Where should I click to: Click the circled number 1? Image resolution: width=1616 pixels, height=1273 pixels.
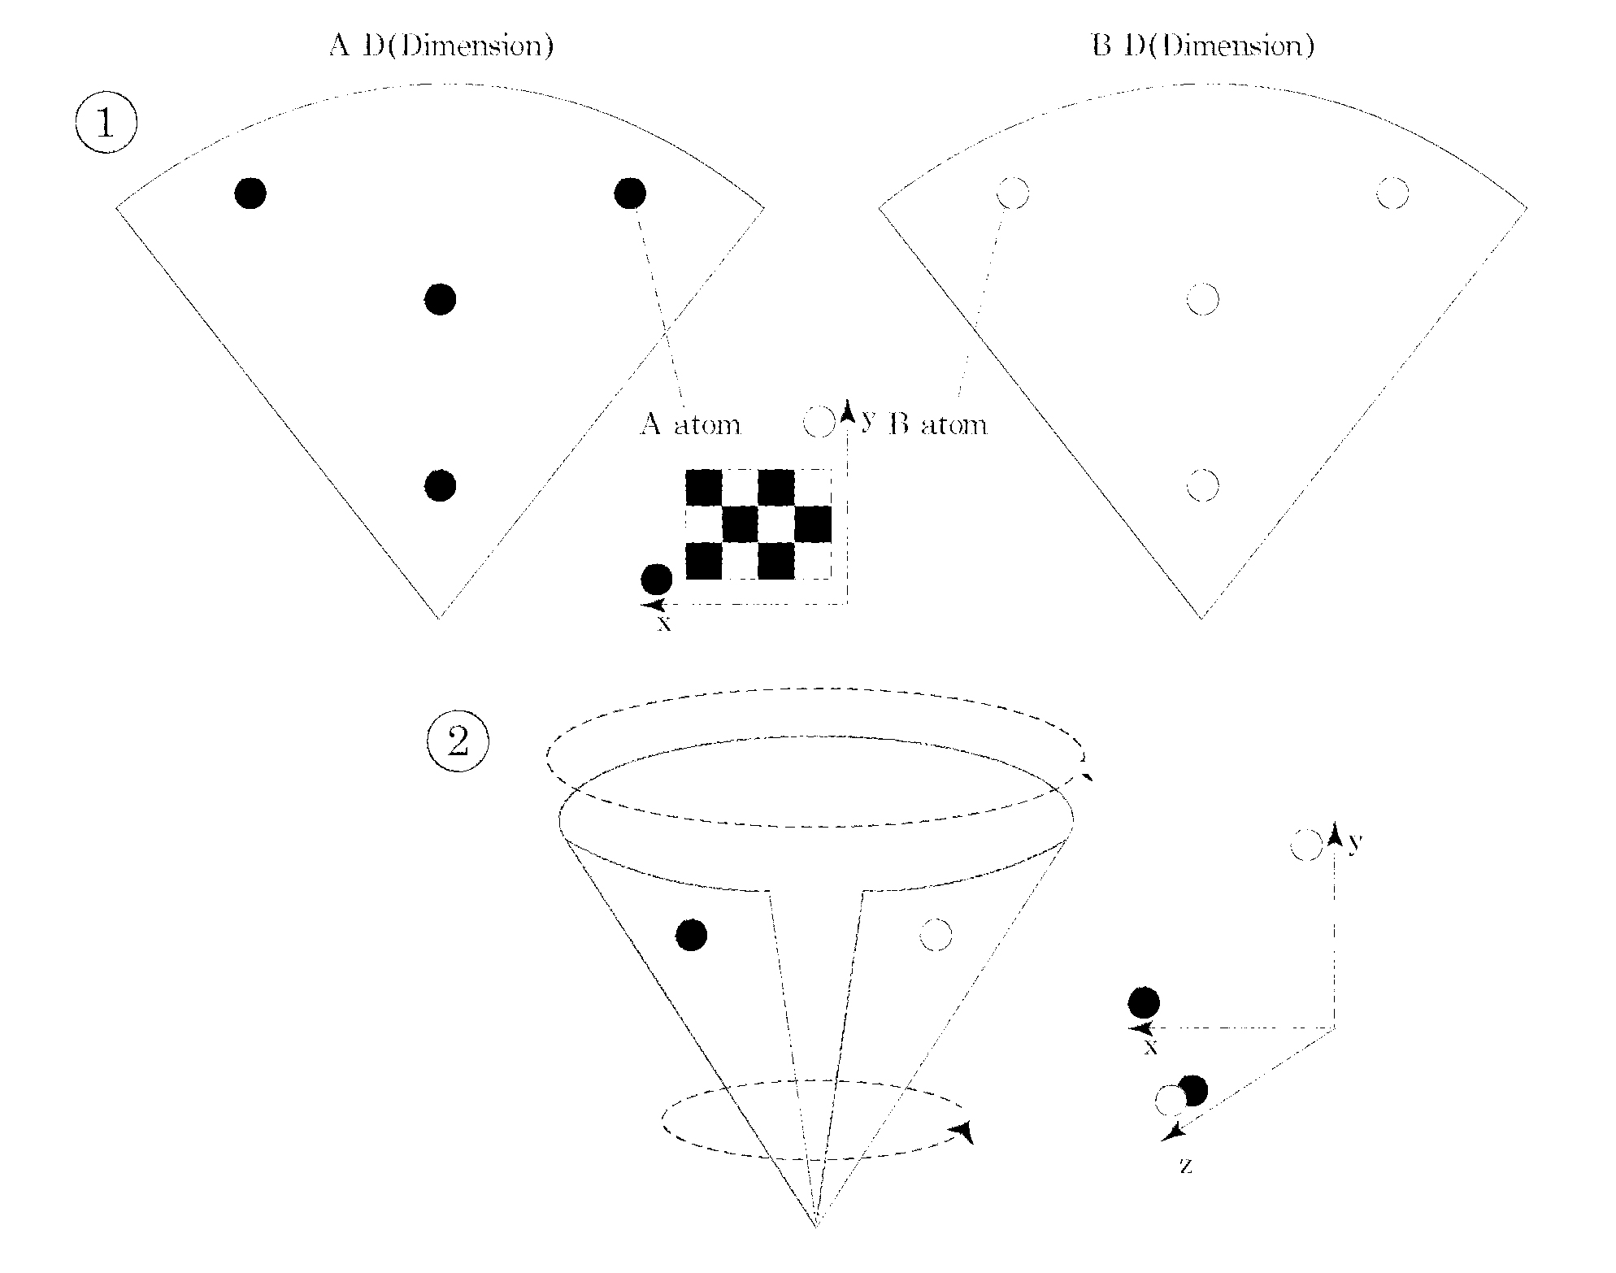[106, 124]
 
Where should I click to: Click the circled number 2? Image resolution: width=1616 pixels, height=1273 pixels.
[458, 742]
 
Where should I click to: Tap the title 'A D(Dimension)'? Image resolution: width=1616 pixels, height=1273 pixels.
[441, 46]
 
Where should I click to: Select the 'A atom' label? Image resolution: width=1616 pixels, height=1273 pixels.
[690, 424]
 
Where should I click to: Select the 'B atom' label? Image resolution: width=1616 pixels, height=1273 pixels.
[938, 424]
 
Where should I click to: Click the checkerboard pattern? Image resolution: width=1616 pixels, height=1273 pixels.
[758, 524]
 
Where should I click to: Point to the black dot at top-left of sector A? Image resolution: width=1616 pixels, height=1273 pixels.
[250, 193]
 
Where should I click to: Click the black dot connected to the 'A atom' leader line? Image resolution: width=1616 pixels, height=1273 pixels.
[630, 193]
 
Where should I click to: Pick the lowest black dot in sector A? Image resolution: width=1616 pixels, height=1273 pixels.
[441, 485]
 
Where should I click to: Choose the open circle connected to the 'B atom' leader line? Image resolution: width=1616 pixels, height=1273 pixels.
[1013, 193]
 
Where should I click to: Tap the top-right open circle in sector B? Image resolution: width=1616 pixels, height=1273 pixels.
[1392, 193]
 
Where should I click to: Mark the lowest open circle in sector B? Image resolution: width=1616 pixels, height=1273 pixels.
[1203, 485]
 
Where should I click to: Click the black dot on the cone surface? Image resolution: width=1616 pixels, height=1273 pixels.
[692, 935]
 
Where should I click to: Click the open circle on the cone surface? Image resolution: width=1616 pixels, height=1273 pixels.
[936, 935]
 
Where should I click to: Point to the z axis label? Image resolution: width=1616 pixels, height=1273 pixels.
[1186, 1166]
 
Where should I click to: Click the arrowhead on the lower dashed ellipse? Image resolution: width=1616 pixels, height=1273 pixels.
[964, 1132]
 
